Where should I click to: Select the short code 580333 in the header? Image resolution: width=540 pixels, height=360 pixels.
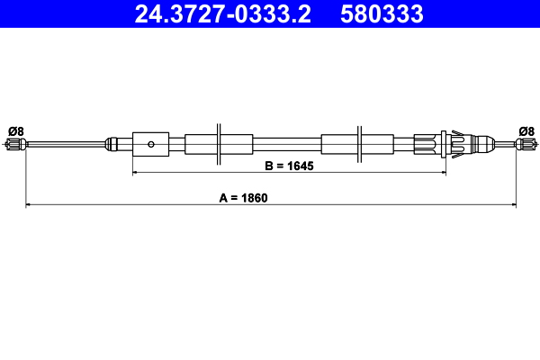point(379,13)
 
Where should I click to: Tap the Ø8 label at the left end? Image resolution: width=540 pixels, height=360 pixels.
point(14,131)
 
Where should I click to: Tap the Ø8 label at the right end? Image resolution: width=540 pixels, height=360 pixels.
point(526,131)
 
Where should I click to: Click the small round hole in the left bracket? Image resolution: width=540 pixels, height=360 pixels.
point(152,143)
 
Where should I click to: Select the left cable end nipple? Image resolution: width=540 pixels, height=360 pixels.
point(14,144)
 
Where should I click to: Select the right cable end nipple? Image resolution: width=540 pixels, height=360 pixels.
point(526,144)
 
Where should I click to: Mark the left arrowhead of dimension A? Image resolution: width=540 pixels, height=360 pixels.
point(29,205)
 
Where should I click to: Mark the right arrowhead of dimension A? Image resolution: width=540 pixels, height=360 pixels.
point(513,205)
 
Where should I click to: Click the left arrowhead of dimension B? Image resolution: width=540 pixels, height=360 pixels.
point(136,170)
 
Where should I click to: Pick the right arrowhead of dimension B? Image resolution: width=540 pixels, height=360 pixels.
point(443,170)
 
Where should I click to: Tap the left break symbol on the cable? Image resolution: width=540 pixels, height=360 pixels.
point(219,143)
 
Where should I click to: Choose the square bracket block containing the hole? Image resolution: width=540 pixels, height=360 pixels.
point(150,143)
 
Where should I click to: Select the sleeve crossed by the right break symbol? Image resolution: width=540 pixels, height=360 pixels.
point(357,143)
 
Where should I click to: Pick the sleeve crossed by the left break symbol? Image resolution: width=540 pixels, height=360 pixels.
point(219,143)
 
